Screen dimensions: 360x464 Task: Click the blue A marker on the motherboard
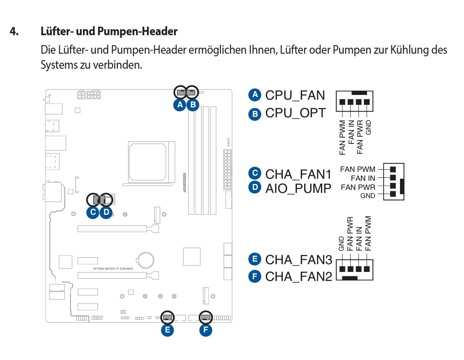point(180,104)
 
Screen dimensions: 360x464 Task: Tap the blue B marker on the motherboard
point(193,104)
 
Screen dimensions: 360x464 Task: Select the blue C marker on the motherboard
point(93,212)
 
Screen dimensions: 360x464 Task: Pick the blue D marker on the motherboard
point(106,212)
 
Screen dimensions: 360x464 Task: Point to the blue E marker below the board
point(167,330)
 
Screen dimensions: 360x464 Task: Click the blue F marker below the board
point(206,330)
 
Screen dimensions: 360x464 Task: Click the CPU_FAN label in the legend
point(295,95)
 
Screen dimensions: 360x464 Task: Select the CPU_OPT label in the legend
point(296,113)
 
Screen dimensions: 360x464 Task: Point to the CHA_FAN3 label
point(299,259)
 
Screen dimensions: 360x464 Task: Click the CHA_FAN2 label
point(299,276)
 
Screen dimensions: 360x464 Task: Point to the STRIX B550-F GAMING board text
point(113,268)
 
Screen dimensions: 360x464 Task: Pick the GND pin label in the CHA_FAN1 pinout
point(368,196)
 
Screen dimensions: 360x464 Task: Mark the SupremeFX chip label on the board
point(56,291)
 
